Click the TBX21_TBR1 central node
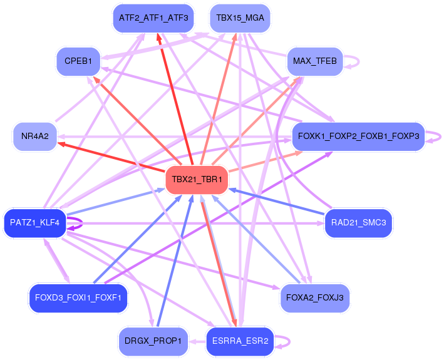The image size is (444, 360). click(x=197, y=180)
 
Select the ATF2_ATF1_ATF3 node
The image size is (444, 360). click(x=153, y=18)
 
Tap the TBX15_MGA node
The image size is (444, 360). click(x=240, y=18)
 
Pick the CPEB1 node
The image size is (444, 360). click(x=78, y=61)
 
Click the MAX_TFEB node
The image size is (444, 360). click(x=314, y=61)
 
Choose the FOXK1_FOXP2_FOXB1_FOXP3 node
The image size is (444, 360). click(x=358, y=136)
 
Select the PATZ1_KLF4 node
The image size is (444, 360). click(x=34, y=222)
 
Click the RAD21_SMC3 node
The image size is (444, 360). click(x=358, y=222)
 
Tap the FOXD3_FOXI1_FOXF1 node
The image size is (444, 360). click(x=78, y=297)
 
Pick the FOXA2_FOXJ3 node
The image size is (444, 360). click(x=314, y=297)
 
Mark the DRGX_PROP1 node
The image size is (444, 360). click(x=153, y=341)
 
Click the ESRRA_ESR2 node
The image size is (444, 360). click(x=240, y=341)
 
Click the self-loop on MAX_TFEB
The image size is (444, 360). click(x=355, y=62)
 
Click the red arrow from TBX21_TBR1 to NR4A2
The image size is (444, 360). click(x=113, y=156)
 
